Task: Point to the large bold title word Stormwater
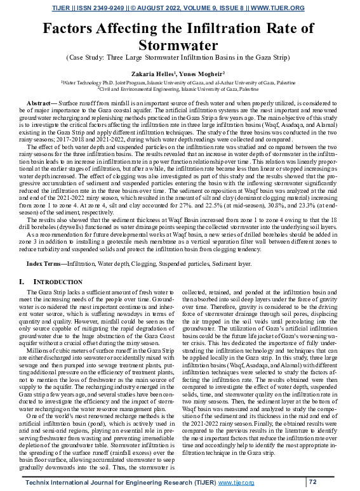coord(179,45)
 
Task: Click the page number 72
coord(312,482)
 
